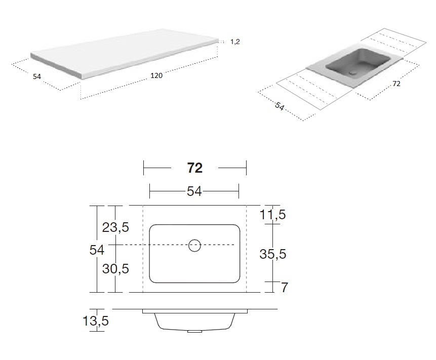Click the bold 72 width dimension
coord(194,168)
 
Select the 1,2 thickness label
coord(235,42)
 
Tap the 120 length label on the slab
coord(156,75)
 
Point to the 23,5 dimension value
coord(115,227)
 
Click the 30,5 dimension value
coord(115,269)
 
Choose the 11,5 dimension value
coord(272,215)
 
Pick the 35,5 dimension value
coord(273,254)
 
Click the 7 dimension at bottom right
coord(284,288)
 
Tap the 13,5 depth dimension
coord(96,321)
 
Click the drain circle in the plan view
coord(194,245)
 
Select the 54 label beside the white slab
coord(37,76)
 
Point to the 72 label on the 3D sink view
coord(397,84)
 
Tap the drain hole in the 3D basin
coord(353,72)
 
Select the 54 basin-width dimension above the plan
coord(194,191)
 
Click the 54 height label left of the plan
coord(97,250)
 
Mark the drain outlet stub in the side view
coord(194,331)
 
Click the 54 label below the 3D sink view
coord(280,106)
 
